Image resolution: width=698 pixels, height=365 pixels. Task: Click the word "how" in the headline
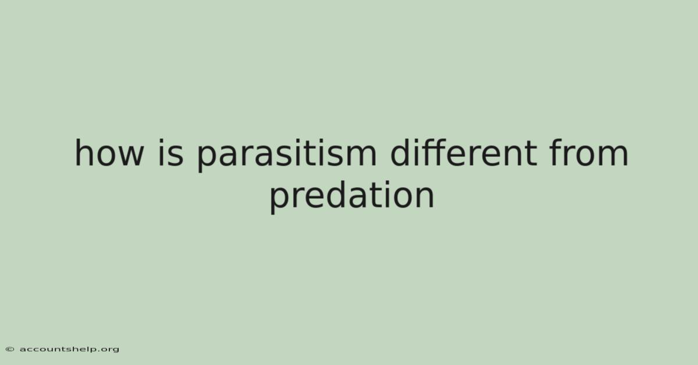tap(109, 153)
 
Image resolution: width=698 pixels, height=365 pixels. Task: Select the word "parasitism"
tap(287, 155)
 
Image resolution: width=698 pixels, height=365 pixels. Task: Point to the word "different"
tap(464, 153)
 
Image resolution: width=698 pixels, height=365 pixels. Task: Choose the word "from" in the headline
tap(589, 153)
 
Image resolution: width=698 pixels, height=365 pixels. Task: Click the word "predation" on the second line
tap(352, 197)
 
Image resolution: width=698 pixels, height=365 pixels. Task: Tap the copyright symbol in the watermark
tap(10, 349)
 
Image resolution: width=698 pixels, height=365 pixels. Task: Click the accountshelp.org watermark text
tap(69, 349)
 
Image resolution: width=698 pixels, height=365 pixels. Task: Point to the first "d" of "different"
tap(400, 153)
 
